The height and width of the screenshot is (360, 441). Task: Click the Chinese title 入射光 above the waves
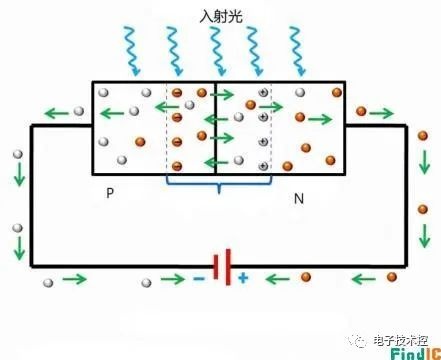click(x=221, y=16)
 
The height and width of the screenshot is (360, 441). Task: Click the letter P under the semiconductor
click(x=110, y=193)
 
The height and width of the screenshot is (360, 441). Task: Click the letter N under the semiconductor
click(x=299, y=199)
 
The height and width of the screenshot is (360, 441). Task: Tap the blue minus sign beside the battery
click(x=199, y=279)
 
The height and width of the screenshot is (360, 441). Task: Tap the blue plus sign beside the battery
click(x=243, y=278)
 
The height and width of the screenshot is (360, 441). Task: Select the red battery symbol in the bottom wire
click(x=222, y=267)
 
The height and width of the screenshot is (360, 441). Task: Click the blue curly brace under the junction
click(x=219, y=184)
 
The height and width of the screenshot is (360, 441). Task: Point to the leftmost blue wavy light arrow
click(x=132, y=51)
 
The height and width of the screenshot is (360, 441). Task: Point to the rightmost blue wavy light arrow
click(x=297, y=51)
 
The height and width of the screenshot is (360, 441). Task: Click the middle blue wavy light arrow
click(x=218, y=51)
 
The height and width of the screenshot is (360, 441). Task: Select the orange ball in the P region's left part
click(x=140, y=142)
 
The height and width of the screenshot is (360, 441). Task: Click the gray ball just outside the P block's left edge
click(x=79, y=111)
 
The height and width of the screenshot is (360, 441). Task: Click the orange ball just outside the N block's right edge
click(x=361, y=111)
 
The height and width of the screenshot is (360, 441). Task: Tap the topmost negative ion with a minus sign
click(x=177, y=93)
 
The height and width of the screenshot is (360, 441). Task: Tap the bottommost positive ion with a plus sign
click(x=263, y=166)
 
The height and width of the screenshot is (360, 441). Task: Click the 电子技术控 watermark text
click(x=401, y=341)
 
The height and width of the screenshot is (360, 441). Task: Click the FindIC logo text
click(x=416, y=354)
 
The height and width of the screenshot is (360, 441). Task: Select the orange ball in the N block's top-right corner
click(x=337, y=92)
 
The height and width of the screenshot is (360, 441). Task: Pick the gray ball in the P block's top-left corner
click(x=103, y=92)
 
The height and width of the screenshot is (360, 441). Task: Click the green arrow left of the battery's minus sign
click(x=172, y=279)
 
